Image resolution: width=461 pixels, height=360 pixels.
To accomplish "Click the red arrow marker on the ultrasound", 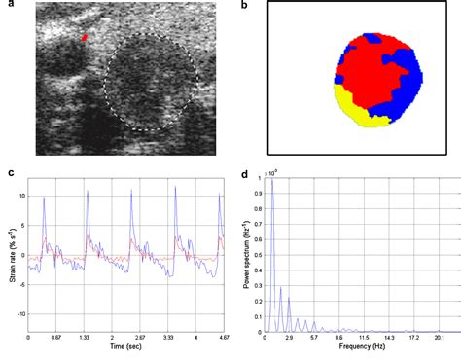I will (85, 38).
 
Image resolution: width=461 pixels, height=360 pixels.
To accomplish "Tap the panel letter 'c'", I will (9, 174).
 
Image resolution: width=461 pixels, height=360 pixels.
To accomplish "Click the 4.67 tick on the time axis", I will (225, 337).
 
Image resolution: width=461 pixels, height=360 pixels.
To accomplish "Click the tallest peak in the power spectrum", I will (271, 183).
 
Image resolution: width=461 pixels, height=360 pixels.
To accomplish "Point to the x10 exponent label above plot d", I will (273, 172).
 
